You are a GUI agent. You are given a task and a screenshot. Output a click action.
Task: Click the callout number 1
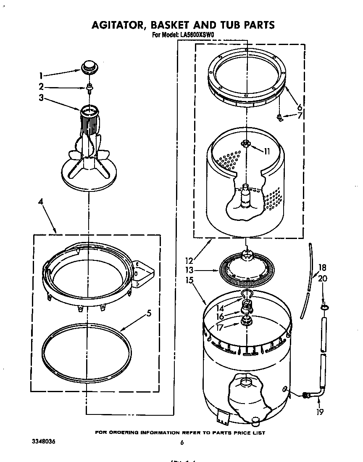click(41, 76)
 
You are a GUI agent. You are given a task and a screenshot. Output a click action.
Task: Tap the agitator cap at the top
click(88, 66)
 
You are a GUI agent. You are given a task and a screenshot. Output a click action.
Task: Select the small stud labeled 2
click(89, 88)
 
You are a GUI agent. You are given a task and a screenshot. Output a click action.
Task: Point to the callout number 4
click(41, 202)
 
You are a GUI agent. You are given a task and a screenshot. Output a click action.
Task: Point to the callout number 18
click(322, 268)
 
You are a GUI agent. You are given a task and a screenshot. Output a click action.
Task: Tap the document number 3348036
click(43, 442)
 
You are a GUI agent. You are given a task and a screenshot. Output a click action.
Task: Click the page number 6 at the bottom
click(182, 442)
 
